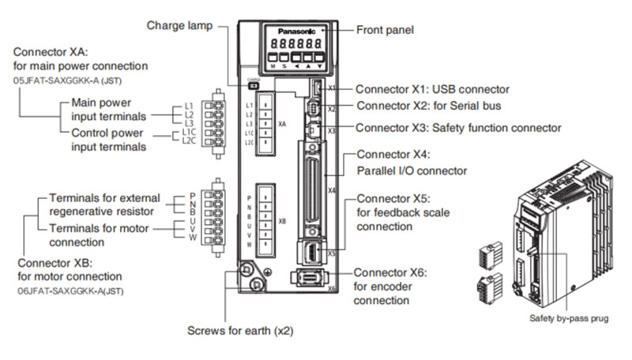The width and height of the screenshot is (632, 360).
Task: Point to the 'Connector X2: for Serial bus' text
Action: coord(428,105)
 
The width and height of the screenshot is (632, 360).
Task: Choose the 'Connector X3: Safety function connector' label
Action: coord(458,127)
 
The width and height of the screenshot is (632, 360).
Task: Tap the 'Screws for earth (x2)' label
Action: coord(239,330)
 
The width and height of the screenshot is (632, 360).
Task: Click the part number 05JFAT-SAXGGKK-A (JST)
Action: coord(68,81)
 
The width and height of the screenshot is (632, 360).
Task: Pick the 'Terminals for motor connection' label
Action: coord(100,235)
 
